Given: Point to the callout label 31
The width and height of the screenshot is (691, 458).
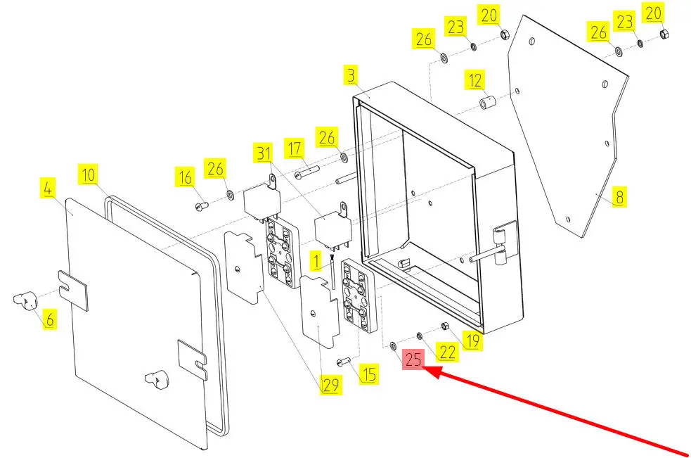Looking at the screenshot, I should [x=264, y=153].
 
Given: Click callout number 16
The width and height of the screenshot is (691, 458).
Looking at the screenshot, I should [x=186, y=178].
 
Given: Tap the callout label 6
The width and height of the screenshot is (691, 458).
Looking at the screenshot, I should [x=49, y=319].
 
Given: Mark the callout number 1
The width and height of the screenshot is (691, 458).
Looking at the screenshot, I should [x=317, y=263].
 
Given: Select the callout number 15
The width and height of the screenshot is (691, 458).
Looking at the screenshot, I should [x=368, y=374].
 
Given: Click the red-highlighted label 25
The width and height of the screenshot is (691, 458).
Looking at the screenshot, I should [x=413, y=360].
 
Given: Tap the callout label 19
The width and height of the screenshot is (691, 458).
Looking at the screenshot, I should [x=472, y=342].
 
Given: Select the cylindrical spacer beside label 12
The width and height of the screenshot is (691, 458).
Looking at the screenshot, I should [x=488, y=104].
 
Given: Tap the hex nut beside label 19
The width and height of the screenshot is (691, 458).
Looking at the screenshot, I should [x=445, y=326].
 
